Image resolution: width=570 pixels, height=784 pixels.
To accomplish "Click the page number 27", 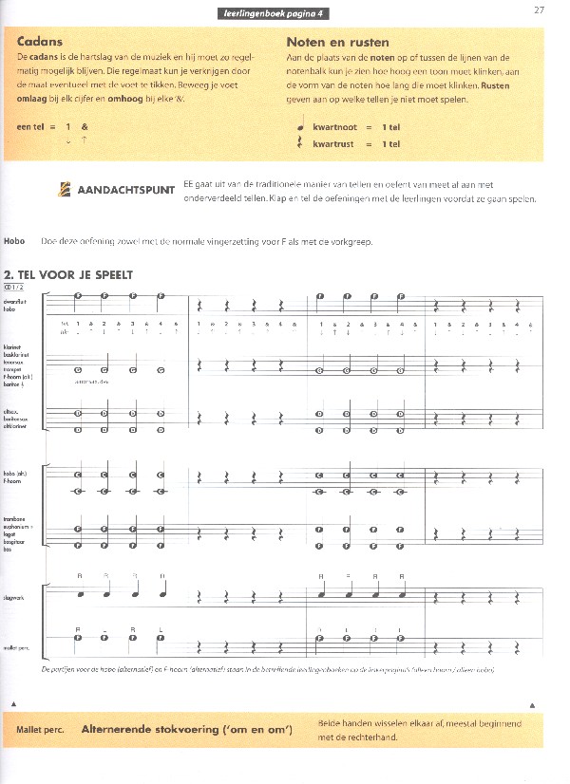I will pyautogui.click(x=539, y=10).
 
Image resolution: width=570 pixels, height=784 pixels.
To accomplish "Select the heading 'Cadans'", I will pyautogui.click(x=41, y=42).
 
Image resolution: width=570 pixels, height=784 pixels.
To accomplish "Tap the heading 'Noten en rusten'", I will pyautogui.click(x=337, y=42).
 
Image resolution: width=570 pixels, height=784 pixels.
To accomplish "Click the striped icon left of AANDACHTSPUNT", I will pyautogui.click(x=65, y=189).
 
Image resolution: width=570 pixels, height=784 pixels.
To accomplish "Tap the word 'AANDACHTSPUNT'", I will pyautogui.click(x=125, y=190).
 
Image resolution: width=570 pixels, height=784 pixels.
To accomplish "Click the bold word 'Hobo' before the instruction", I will pyautogui.click(x=14, y=241).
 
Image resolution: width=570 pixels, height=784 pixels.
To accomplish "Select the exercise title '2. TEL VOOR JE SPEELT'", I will pyautogui.click(x=67, y=275).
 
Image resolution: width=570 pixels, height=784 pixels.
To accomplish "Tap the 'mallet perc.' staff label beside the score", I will pyautogui.click(x=14, y=646).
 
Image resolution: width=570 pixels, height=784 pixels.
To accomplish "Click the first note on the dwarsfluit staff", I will pyautogui.click(x=79, y=295).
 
